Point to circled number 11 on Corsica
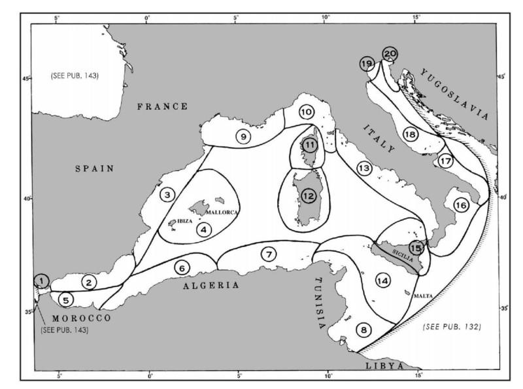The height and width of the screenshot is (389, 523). tap(309, 145)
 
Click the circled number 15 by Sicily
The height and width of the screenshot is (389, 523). tap(416, 247)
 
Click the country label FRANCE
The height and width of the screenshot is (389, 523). tap(162, 107)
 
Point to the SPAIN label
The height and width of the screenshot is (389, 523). tap(95, 169)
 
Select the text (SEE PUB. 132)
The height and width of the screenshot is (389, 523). tap(451, 325)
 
